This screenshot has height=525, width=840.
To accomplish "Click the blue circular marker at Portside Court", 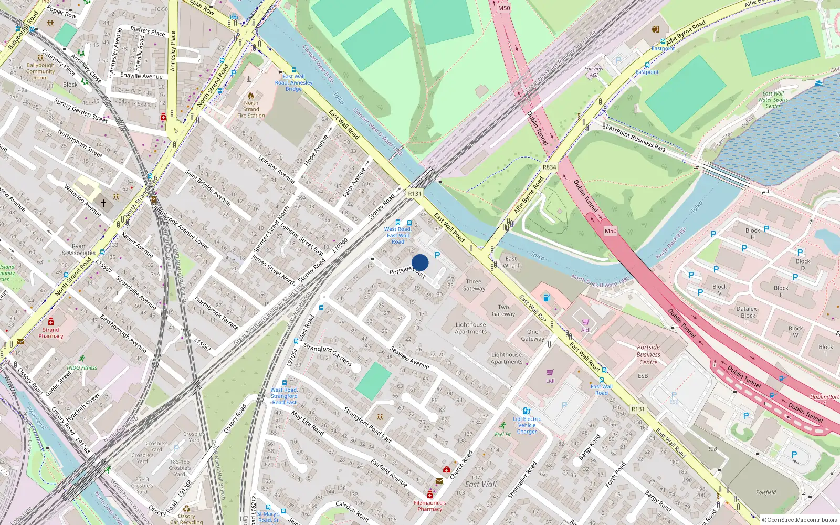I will (x=420, y=262).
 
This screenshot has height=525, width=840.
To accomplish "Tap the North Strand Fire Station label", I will (x=251, y=109).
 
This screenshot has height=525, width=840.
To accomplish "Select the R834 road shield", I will (x=549, y=167).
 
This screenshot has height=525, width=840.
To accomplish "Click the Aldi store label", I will (x=585, y=330).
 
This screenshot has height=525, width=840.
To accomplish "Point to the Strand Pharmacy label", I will (x=51, y=333).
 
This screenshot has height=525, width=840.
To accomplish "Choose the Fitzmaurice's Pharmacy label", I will (x=430, y=506).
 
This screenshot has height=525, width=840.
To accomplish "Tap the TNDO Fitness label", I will (x=81, y=367).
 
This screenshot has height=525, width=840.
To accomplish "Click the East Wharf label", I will (x=511, y=262).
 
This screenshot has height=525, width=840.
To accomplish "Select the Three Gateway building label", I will (x=474, y=285).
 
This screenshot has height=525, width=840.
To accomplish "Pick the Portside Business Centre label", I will (x=648, y=354).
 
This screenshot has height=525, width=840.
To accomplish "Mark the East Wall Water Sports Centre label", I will (x=773, y=100).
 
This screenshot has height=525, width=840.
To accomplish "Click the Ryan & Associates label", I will (x=78, y=249).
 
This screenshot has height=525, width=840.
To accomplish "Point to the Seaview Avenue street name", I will (x=409, y=358).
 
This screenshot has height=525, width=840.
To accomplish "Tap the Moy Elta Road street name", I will (x=308, y=422).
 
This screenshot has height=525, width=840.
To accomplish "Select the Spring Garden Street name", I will (x=81, y=111).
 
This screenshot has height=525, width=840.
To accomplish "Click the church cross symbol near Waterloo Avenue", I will (x=103, y=203).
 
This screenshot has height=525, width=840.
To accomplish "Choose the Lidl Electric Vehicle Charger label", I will (x=527, y=425).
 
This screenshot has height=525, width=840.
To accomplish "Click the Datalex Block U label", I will (x=747, y=315).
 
